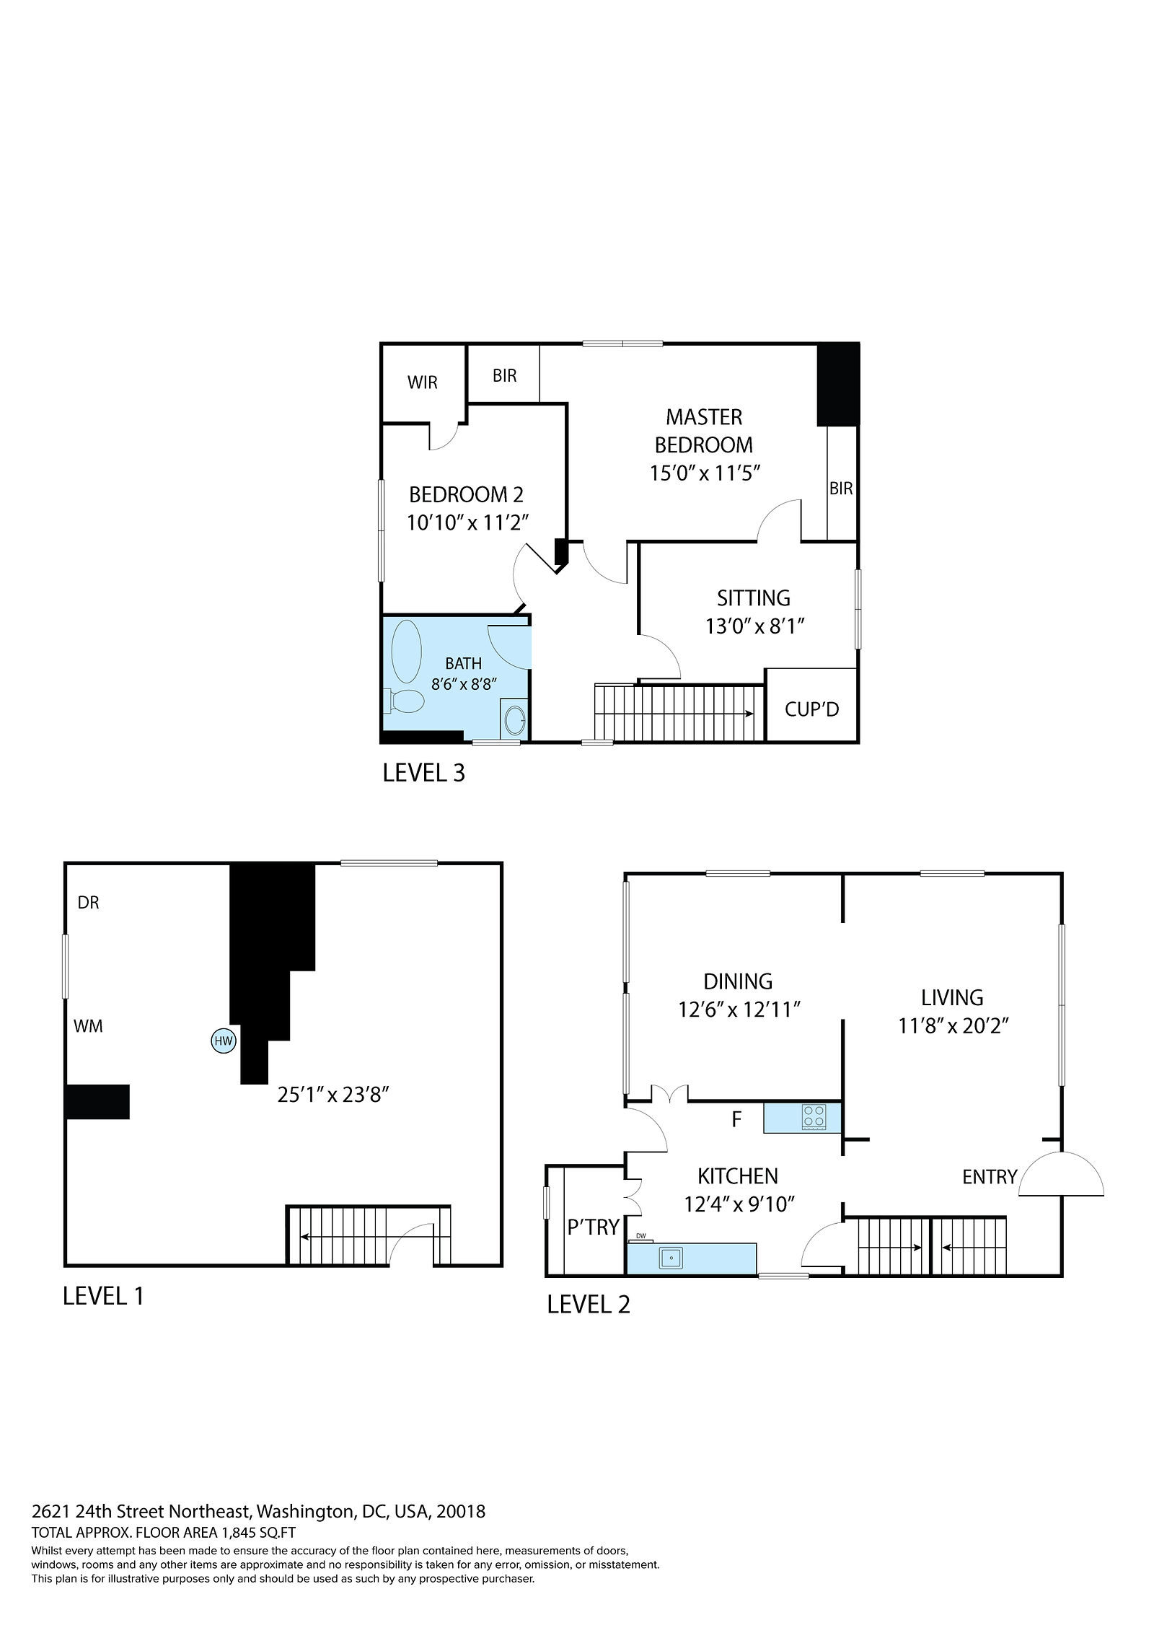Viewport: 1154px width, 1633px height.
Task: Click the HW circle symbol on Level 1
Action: click(x=223, y=1040)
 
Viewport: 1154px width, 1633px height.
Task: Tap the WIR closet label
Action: click(x=422, y=382)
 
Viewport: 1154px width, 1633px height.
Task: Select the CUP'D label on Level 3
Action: click(x=811, y=709)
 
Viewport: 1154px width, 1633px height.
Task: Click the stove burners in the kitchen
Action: click(x=814, y=1118)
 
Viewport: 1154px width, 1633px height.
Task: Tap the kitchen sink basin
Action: click(x=671, y=1259)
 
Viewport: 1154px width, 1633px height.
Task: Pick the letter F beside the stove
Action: click(x=736, y=1119)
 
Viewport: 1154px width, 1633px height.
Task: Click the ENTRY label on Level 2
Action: click(x=989, y=1177)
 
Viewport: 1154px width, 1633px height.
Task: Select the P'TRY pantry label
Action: click(x=593, y=1227)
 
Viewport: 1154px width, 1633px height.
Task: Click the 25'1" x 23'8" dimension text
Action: click(x=333, y=1095)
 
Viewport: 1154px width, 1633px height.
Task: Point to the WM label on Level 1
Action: click(x=88, y=1025)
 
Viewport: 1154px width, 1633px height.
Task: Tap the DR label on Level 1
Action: click(x=88, y=903)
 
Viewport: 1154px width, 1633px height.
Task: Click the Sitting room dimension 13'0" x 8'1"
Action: click(x=754, y=626)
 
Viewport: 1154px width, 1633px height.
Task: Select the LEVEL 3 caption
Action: click(x=423, y=773)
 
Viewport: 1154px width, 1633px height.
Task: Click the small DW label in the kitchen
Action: click(x=640, y=1235)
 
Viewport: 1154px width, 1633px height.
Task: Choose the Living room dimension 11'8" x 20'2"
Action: click(x=952, y=1025)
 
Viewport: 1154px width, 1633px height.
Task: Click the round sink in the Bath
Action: click(x=514, y=719)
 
